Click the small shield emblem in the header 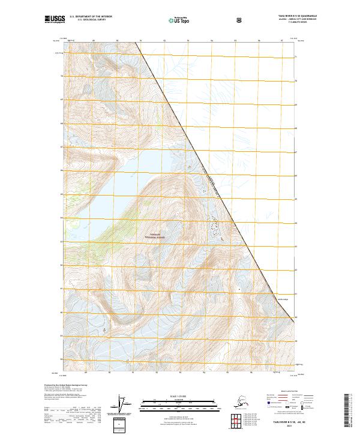click(x=240, y=20)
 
